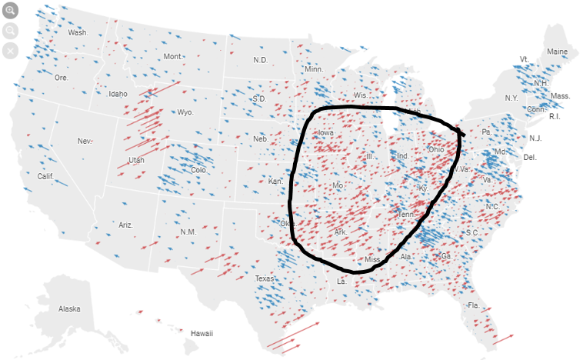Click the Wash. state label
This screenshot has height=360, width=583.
coord(78,32)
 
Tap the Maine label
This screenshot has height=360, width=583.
coord(557,52)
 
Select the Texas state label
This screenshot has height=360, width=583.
coord(265,278)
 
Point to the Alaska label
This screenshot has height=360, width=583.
coord(69,308)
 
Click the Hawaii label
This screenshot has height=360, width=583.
coord(202,333)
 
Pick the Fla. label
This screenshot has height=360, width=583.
coord(473,305)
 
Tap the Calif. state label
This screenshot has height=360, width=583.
coord(45,176)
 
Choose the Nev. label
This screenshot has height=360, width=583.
coord(85,141)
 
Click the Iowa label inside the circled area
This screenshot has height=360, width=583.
coord(325,132)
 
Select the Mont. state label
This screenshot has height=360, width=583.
coord(173,57)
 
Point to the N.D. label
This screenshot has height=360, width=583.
coord(261,60)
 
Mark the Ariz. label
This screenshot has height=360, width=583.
coord(126,225)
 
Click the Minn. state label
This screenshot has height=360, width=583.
coord(314,69)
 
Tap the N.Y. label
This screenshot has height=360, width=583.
coord(511,98)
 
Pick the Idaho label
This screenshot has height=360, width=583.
coord(118,94)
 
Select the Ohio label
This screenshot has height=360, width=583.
coord(435,149)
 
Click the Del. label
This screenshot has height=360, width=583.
coord(529,157)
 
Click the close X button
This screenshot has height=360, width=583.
coord(10,51)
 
